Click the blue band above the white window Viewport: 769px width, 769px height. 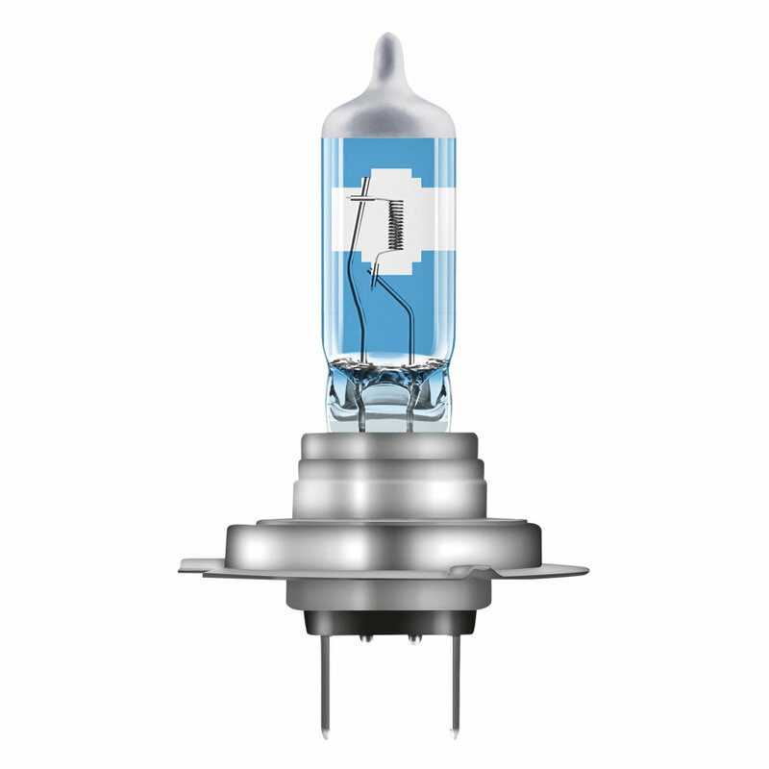coord(384,154)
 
